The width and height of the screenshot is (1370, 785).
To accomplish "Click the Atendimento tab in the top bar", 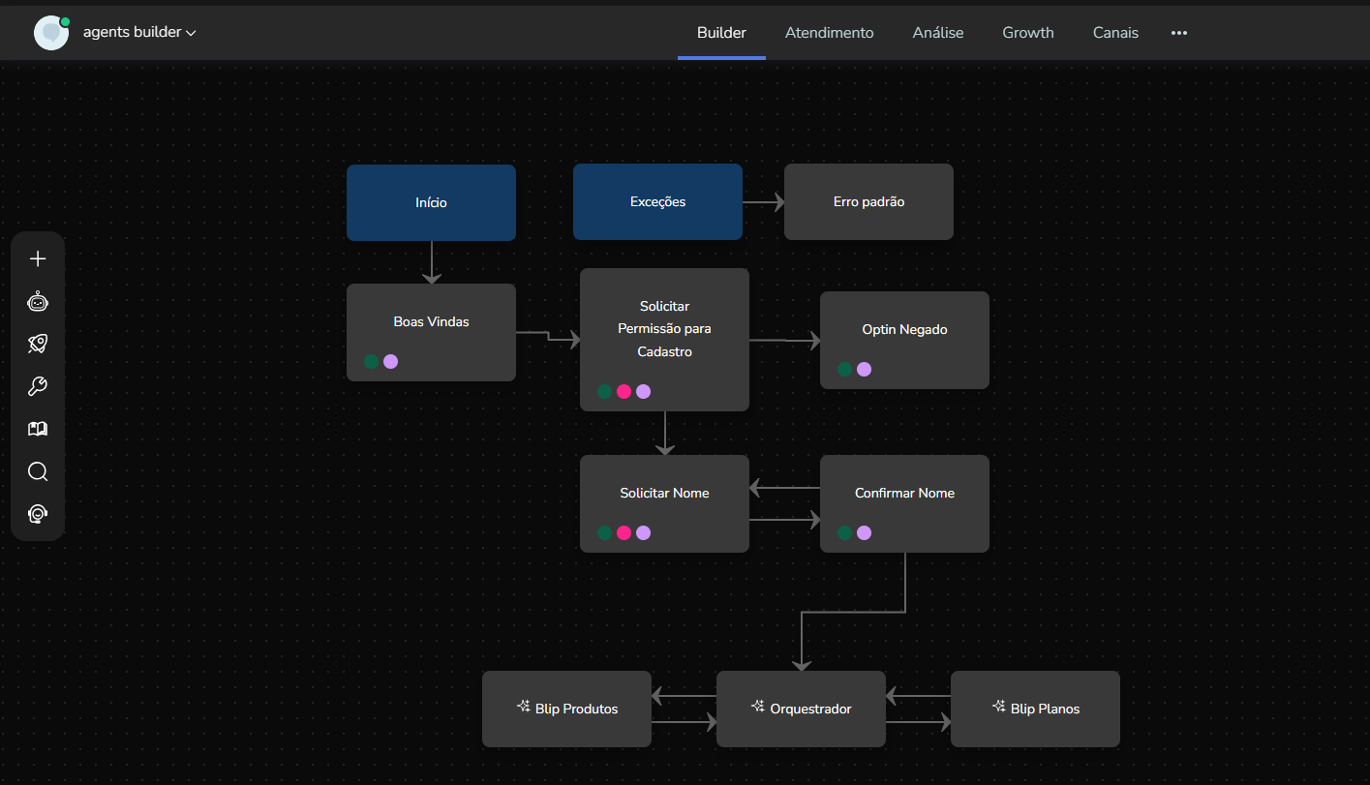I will [x=829, y=33].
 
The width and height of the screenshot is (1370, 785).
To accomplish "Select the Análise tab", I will [x=937, y=33].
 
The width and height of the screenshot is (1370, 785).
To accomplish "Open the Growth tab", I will [x=1027, y=33].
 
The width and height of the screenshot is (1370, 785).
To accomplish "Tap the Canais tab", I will [x=1115, y=33].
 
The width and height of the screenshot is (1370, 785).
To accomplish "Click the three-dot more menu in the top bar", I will [x=1178, y=33].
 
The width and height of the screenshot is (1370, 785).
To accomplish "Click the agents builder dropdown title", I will [x=139, y=32].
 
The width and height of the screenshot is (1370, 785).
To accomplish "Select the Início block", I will [x=431, y=202].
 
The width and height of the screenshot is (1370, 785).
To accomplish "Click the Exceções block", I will [x=657, y=202].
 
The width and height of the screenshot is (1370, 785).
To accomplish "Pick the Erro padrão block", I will [x=868, y=202].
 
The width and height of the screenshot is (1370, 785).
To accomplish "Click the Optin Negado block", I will [x=904, y=330].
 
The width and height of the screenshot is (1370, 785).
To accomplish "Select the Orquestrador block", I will [x=801, y=709].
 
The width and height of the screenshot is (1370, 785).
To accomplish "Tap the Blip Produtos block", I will [x=566, y=709].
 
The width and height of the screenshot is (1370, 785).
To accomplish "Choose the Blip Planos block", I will [x=1035, y=709].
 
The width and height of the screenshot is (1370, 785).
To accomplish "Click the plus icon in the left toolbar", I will [x=38, y=258].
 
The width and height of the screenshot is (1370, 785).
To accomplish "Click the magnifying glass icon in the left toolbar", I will [x=38, y=471].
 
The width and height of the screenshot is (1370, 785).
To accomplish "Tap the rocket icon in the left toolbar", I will [x=38, y=344].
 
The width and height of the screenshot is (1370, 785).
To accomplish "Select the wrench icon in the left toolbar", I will [x=38, y=386].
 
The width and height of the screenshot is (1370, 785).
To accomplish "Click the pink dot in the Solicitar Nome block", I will [x=624, y=532].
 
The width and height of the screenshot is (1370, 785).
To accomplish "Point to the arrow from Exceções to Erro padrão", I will [x=763, y=202].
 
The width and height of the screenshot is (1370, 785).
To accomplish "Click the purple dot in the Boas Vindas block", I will [x=390, y=361].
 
